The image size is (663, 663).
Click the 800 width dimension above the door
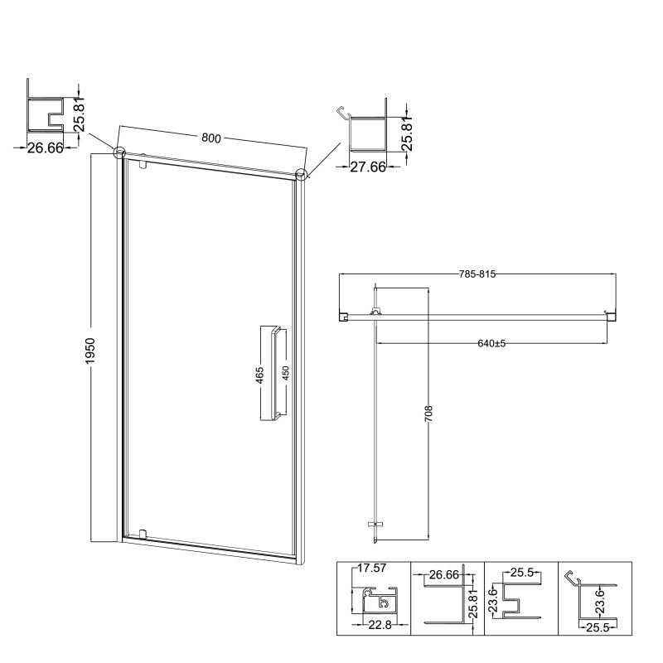click(x=211, y=138)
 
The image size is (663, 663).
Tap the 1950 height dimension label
click(x=90, y=351)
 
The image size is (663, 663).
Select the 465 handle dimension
click(x=260, y=375)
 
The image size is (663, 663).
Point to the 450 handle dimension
click(x=285, y=374)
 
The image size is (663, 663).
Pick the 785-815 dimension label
click(x=477, y=274)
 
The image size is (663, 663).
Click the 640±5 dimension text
click(x=491, y=343)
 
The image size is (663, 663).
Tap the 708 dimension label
click(x=428, y=414)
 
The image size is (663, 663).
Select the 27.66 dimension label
click(x=368, y=167)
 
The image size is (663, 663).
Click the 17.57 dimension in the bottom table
click(x=371, y=568)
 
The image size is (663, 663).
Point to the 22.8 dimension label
click(x=380, y=625)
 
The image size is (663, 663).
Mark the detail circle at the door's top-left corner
click(x=119, y=152)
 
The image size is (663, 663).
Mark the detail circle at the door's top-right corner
click(x=301, y=174)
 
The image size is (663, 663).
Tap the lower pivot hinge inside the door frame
click(x=143, y=534)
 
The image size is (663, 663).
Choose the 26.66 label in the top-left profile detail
click(x=46, y=148)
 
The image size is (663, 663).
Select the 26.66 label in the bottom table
click(x=444, y=574)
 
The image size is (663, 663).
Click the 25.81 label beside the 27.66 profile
click(x=406, y=134)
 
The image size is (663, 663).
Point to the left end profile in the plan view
click(x=343, y=316)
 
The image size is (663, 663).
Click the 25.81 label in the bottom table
click(x=473, y=605)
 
